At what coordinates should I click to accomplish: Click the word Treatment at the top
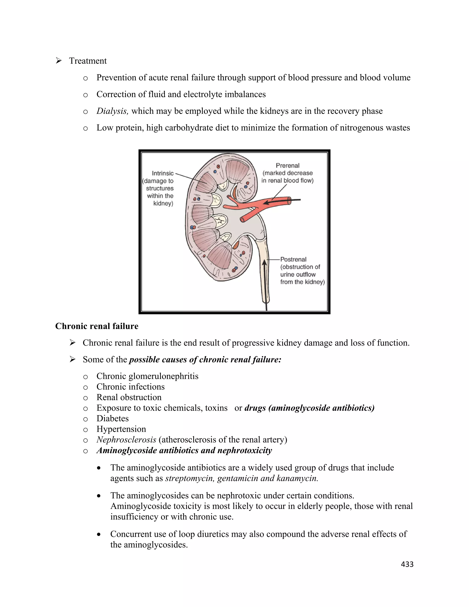coord(88,61)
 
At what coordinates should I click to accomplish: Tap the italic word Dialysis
coord(112,111)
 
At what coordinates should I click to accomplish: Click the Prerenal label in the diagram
coord(288,166)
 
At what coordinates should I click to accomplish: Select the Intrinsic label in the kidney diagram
coord(163,173)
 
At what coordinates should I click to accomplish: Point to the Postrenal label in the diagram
coord(293,259)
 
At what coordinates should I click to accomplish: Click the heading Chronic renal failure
coord(97,326)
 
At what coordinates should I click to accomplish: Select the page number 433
coord(407,564)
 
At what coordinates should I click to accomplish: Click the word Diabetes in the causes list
coord(112,418)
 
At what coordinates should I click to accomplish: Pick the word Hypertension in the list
coord(121,429)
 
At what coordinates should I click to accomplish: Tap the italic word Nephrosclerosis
coord(126,440)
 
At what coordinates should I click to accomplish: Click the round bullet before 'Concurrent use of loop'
coord(99,534)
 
